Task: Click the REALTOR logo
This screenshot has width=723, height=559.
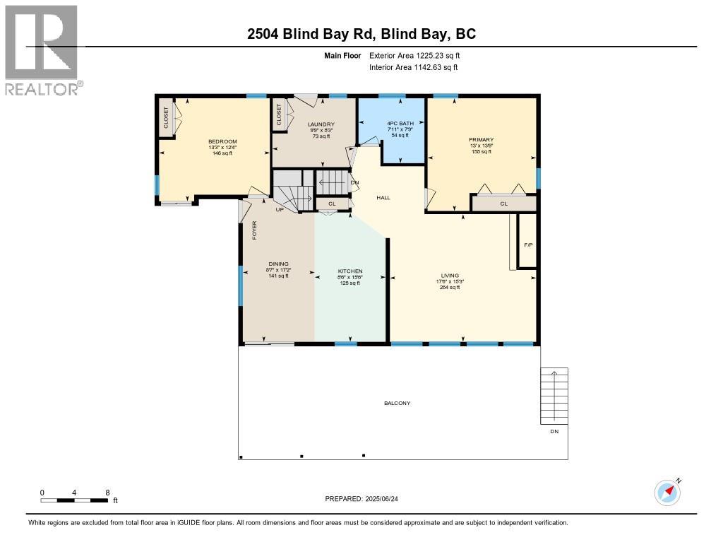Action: [42, 49]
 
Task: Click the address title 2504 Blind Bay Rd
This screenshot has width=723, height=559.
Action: [361, 34]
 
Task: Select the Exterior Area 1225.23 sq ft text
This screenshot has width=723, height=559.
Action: [414, 55]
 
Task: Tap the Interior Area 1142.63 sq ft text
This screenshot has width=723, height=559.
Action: [413, 67]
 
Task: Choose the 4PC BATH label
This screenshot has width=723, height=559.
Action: [395, 125]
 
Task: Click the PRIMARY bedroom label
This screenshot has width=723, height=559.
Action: [481, 140]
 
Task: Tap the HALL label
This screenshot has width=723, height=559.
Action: [383, 198]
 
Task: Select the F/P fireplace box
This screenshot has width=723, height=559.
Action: [528, 245]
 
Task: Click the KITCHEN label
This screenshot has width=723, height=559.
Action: [350, 271]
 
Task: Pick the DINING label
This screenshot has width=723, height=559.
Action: [277, 264]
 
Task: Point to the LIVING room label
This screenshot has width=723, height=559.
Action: [450, 276]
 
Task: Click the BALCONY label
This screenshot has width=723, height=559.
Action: [397, 404]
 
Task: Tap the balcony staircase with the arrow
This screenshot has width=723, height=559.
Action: [554, 396]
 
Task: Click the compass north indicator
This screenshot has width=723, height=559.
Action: [667, 492]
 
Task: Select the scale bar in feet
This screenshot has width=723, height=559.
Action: [74, 500]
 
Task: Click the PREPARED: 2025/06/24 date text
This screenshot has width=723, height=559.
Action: [366, 499]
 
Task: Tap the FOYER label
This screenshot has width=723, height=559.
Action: [255, 230]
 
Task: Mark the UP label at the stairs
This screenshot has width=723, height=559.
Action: [280, 210]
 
